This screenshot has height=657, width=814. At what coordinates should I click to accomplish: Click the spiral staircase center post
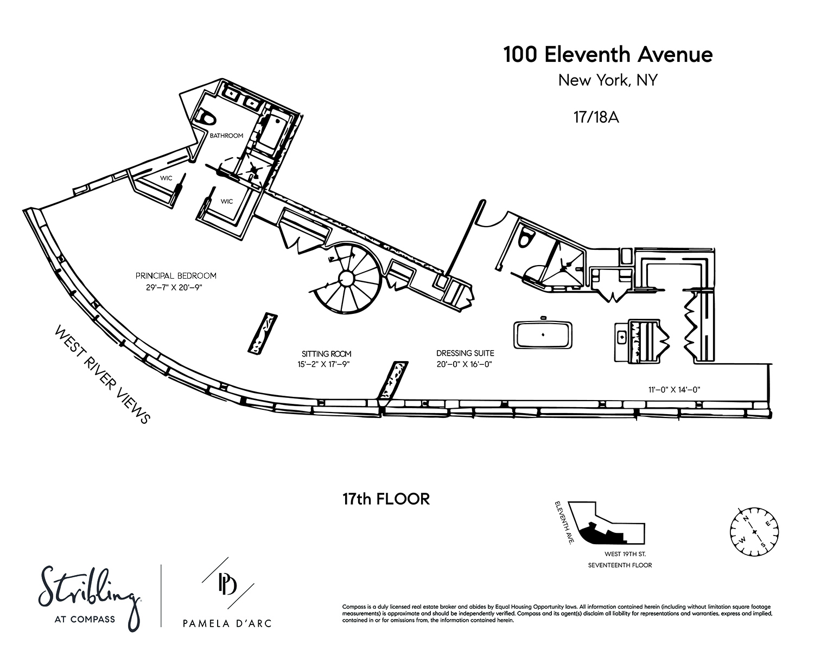pos(346,278)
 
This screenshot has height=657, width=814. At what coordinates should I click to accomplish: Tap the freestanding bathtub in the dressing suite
pos(543,335)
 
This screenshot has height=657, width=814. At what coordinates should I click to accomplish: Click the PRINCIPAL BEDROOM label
pos(176,275)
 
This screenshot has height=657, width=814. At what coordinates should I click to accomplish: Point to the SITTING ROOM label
pos(326,354)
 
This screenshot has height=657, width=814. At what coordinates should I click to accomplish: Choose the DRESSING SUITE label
pos(465,353)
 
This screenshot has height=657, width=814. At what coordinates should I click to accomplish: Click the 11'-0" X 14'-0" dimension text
pos(674,390)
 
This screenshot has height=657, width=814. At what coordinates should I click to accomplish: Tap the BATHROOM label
pos(226,136)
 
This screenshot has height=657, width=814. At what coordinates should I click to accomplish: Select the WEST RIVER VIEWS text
pos(103,375)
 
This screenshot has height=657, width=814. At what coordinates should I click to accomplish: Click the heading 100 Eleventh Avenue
pos(608,55)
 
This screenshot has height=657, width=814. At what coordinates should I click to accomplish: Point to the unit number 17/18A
pos(596,117)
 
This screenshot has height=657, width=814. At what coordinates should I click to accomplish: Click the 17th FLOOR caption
pos(386,499)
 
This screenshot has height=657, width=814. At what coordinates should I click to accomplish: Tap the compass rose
pos(754,531)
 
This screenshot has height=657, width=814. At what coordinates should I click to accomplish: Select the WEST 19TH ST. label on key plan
pos(625,554)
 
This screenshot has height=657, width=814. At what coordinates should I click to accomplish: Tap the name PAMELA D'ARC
pos(227,623)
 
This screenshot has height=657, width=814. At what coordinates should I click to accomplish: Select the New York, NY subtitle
pos(608,81)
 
